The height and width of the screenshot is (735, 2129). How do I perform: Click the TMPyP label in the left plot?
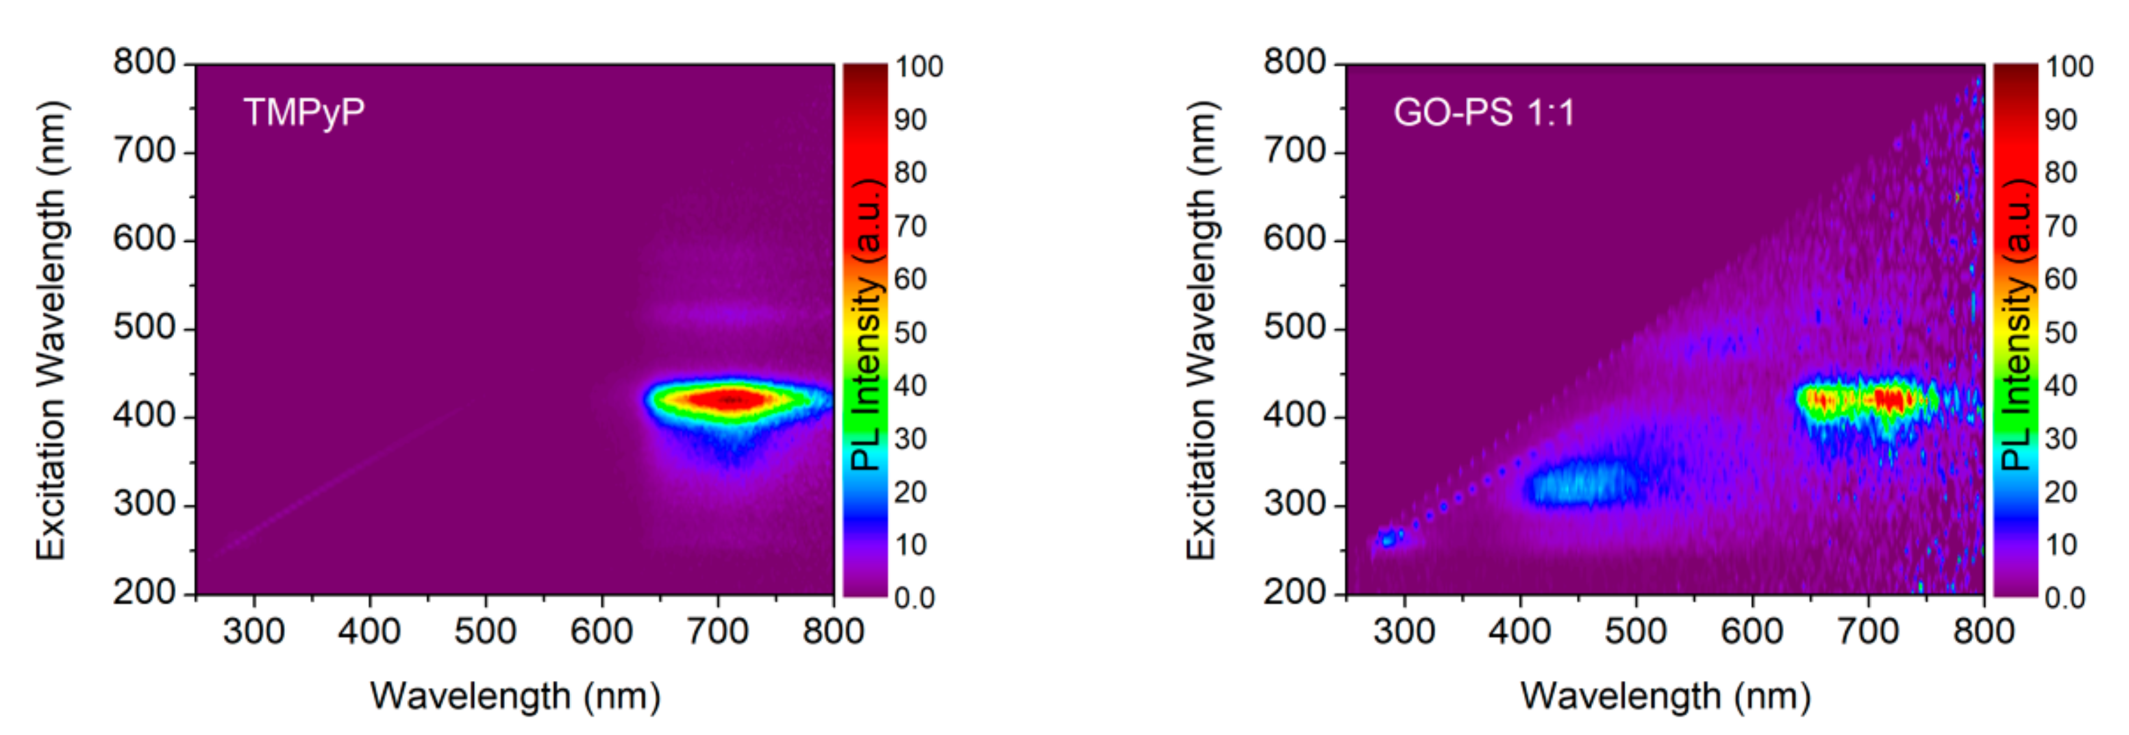tap(303, 112)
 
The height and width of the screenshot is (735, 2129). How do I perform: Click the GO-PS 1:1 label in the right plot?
tap(1484, 112)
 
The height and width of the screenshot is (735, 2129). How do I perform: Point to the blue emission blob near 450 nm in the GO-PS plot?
tap(1580, 483)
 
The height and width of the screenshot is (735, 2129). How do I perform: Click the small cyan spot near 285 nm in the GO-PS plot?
tap(1389, 539)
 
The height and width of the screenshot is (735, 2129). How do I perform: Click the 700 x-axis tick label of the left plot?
tap(717, 632)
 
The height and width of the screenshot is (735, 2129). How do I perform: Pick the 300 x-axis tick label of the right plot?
tap(1404, 632)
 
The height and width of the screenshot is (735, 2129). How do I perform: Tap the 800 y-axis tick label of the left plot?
tap(145, 62)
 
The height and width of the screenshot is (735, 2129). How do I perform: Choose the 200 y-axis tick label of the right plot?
tap(1294, 592)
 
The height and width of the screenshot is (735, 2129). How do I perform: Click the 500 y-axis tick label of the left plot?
tap(145, 327)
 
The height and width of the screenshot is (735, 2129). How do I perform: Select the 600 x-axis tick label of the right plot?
tap(1752, 632)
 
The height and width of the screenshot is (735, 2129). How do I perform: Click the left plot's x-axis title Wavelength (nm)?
tap(515, 696)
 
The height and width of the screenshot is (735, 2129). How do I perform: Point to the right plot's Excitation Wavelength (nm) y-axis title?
tap(1202, 331)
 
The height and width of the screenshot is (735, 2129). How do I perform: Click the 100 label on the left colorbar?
tap(918, 67)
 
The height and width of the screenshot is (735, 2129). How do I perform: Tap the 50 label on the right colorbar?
tap(2060, 333)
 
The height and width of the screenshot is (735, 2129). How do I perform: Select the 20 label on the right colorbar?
tap(2060, 493)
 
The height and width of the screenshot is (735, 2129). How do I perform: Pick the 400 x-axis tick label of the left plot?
tap(369, 632)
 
